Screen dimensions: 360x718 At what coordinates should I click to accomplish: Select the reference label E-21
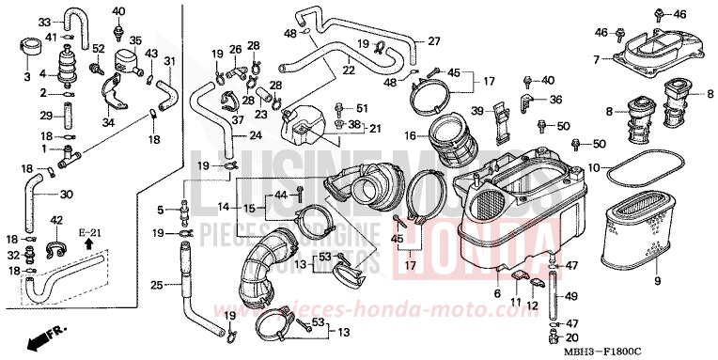point(89,230)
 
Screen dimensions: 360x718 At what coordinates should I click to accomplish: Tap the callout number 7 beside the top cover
point(596,59)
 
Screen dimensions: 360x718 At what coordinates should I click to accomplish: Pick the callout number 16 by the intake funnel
point(410,135)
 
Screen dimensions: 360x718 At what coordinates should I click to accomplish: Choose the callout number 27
point(433,40)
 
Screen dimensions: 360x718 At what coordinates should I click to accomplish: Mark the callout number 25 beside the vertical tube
point(158,285)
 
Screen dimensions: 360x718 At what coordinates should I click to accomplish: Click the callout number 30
point(65,196)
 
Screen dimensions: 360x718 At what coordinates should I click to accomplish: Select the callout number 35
point(134,40)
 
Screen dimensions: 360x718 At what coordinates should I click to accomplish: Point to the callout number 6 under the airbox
point(496,294)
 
